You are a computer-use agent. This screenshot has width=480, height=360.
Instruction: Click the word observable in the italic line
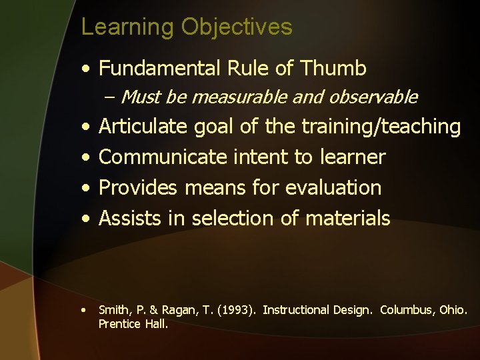click(x=377, y=97)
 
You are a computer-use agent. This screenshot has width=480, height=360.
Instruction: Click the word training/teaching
click(x=381, y=127)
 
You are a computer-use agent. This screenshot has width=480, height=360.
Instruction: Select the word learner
click(x=351, y=157)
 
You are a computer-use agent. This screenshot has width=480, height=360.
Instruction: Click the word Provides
click(x=138, y=188)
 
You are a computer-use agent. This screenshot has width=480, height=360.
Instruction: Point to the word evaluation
click(x=333, y=188)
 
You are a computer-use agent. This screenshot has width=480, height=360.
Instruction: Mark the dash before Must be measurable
click(x=110, y=98)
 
